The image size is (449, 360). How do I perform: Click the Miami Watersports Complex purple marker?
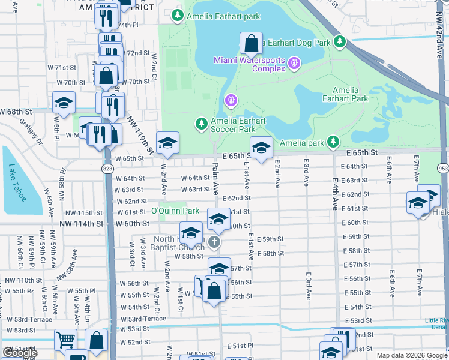click(294, 62)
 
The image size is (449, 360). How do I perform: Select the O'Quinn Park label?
click(175, 211)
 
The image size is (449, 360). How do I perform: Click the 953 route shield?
click(443, 170)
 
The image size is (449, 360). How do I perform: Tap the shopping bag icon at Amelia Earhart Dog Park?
click(252, 44)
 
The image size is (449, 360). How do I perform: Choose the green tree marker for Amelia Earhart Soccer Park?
click(201, 124)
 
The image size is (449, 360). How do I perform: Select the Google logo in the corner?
click(20, 353)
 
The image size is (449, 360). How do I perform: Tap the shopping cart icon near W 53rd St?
click(65, 340)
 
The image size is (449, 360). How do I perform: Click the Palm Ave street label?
click(215, 179)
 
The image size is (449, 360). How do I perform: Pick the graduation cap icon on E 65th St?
click(261, 149)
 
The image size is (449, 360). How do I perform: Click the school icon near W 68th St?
click(64, 103)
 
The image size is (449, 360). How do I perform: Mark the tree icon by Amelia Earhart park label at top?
click(177, 16)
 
